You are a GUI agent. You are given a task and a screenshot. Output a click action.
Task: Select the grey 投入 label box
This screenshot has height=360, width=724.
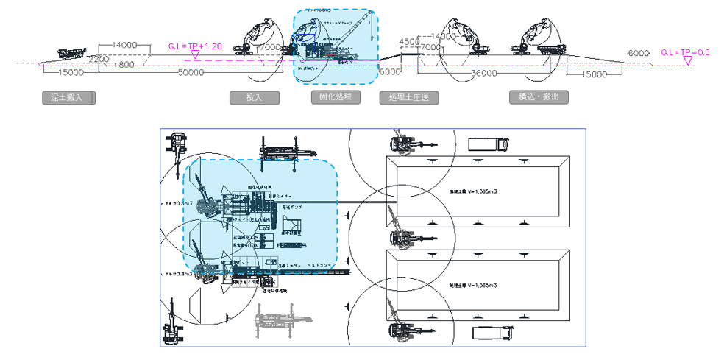pyautogui.click(x=255, y=97)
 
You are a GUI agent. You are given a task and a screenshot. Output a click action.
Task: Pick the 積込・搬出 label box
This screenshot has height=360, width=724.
pyautogui.click(x=539, y=96)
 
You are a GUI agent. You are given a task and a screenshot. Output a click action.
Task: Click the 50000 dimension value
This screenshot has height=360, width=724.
pyautogui.click(x=191, y=73)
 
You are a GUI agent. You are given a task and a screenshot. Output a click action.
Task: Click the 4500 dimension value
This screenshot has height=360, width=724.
pyautogui.click(x=409, y=42)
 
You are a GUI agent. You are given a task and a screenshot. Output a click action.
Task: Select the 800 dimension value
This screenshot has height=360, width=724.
pyautogui.click(x=127, y=66)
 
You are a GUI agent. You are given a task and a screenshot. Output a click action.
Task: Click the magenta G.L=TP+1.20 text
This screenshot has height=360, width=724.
pyautogui.click(x=196, y=46)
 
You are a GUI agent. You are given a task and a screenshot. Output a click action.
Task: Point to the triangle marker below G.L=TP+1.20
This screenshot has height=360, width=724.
pyautogui.click(x=195, y=55)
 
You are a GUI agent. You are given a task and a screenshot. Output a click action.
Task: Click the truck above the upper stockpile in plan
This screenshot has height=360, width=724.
pyautogui.click(x=486, y=144)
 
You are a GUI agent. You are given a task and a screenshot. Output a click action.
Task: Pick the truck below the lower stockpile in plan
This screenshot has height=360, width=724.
pyautogui.click(x=489, y=332)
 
